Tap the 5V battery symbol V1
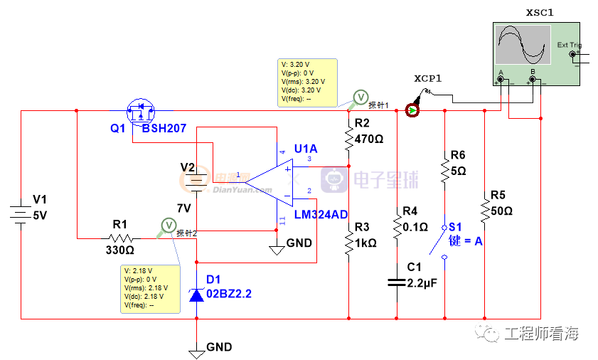click(x=21, y=213)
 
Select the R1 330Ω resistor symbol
click(x=120, y=238)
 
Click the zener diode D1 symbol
click(x=197, y=294)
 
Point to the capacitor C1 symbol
click(x=396, y=282)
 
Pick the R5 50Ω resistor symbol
click(x=484, y=211)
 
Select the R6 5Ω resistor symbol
click(x=445, y=171)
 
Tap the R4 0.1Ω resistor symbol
click(x=396, y=227)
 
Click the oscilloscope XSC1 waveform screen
click(x=523, y=45)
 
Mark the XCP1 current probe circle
click(x=412, y=110)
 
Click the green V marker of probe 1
click(x=361, y=97)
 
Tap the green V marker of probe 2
click(x=169, y=225)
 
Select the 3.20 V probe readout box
click(x=306, y=81)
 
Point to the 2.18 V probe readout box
click(x=150, y=287)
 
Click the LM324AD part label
click(x=320, y=213)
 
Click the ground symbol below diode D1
click(x=197, y=351)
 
